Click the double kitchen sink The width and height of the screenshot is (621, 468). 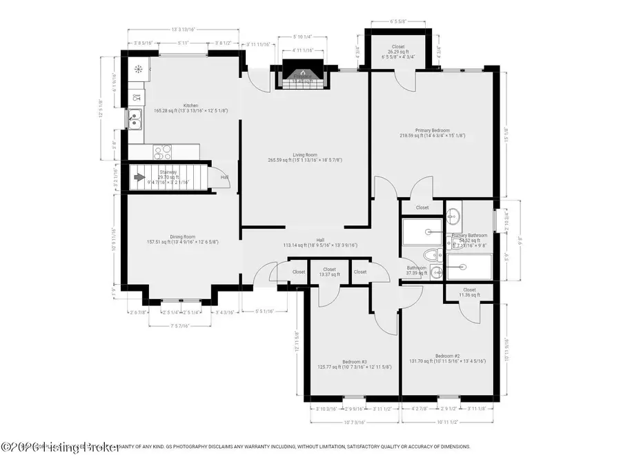(x=135, y=119)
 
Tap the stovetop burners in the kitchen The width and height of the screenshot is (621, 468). (x=162, y=151)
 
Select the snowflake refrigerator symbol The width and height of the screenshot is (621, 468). (x=138, y=69)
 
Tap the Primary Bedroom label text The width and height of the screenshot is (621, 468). (x=432, y=132)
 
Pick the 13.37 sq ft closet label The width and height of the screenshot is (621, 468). (x=329, y=272)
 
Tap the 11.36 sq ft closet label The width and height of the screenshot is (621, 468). (x=469, y=293)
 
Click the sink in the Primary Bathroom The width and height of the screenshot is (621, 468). (x=453, y=218)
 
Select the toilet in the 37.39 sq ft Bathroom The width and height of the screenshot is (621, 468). (x=431, y=254)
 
